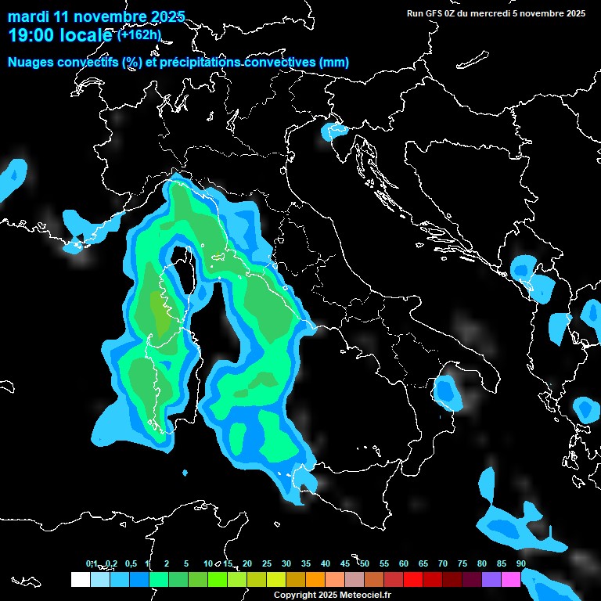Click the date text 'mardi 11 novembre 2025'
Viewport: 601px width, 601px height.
[x=96, y=16]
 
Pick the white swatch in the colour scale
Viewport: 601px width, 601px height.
[x=80, y=579]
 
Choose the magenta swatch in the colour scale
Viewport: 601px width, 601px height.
[x=510, y=579]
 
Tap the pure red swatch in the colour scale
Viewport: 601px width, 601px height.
[x=412, y=579]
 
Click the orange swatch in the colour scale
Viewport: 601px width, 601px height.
[x=315, y=579]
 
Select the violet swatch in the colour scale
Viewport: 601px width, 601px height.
[x=491, y=579]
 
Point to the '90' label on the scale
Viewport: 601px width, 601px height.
[x=521, y=564]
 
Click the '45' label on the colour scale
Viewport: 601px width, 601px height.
[x=345, y=564]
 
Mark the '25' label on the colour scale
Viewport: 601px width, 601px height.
[x=267, y=564]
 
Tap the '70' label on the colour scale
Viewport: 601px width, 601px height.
[x=443, y=564]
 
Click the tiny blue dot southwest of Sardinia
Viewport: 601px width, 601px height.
[x=185, y=473]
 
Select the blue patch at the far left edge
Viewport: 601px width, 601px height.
[x=13, y=178]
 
